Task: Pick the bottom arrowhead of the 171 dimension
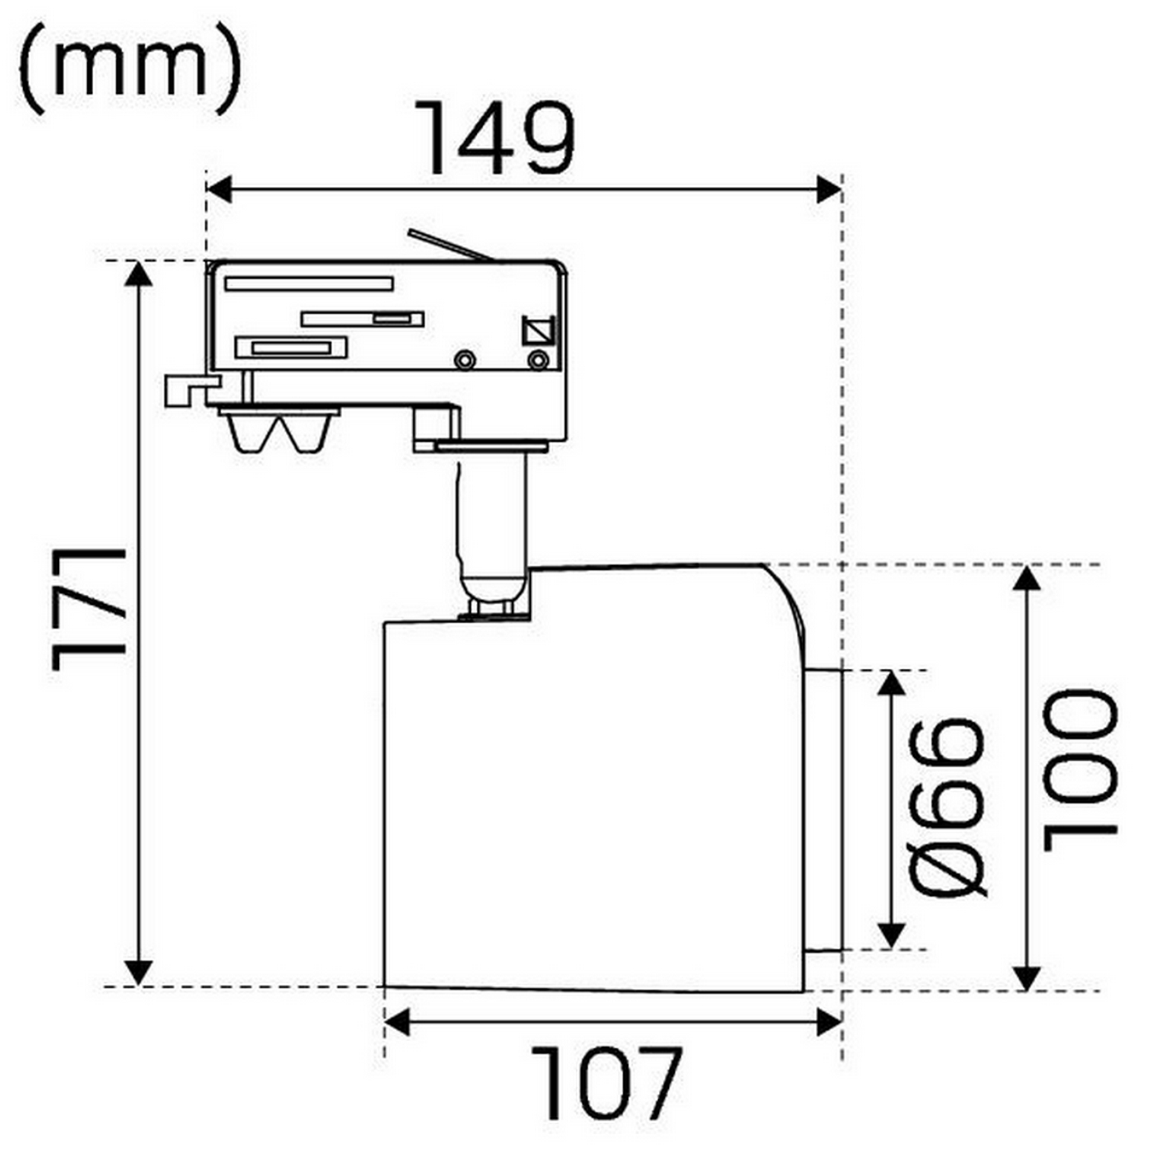[139, 971]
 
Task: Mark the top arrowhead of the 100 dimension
[1027, 579]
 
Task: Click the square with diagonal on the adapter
[538, 330]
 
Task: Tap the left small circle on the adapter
[464, 360]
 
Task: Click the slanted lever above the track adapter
[450, 245]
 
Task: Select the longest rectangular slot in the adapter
[309, 284]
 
